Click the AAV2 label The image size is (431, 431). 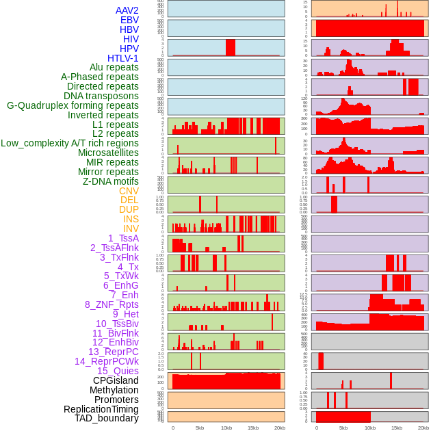coord(127,10)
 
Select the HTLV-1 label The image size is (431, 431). coord(122,58)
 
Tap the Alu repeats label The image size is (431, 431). coord(114,67)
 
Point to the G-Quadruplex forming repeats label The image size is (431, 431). coord(73,105)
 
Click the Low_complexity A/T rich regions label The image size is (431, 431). coord(70,143)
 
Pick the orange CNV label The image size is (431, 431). coord(129,191)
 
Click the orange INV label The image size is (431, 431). coord(131,228)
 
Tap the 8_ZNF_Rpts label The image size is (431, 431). coord(112,304)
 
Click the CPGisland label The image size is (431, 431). coord(116,380)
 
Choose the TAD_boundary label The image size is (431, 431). coord(106,418)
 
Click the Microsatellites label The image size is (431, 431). coord(108,153)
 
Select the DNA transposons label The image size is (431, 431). coord(101,96)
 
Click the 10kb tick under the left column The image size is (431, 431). coord(226,428)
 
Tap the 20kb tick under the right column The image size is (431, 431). coord(423,428)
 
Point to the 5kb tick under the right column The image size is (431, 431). coord(343,428)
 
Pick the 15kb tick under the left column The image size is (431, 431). coord(252,428)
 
